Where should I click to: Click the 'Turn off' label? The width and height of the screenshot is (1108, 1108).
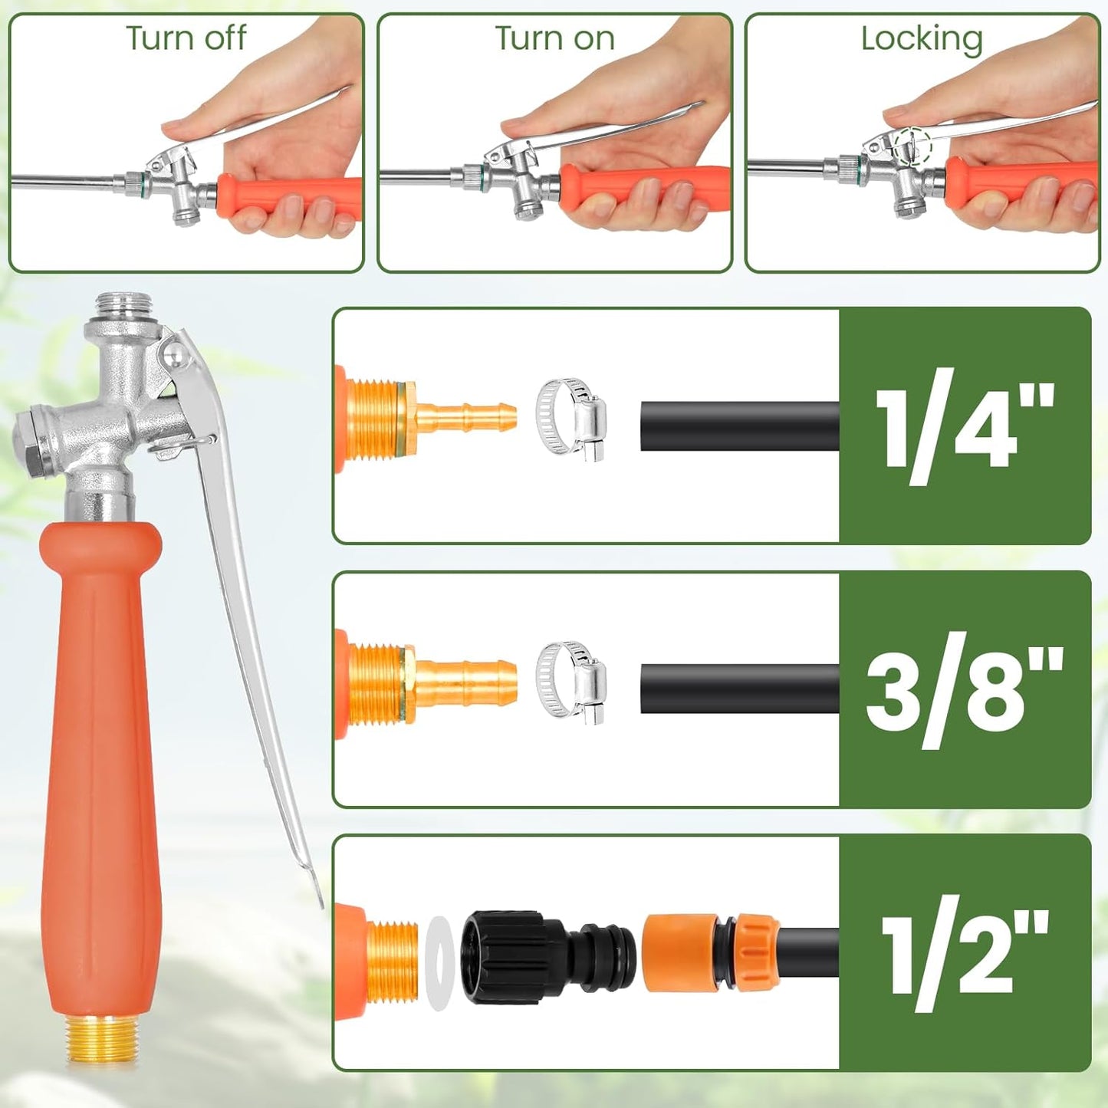[186, 38]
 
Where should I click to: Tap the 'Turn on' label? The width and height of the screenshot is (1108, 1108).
[554, 38]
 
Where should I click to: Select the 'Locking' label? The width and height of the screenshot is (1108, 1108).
[921, 38]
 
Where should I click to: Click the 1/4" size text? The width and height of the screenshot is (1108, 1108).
[964, 426]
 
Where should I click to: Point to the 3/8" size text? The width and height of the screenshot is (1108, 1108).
[964, 689]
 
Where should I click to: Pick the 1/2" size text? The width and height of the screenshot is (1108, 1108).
[964, 953]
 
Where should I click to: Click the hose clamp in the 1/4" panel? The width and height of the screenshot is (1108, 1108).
[571, 419]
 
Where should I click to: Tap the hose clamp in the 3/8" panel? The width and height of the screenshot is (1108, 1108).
[571, 682]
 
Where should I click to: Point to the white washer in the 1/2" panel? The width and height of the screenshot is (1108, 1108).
[437, 962]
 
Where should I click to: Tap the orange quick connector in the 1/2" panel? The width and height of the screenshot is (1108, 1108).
[679, 953]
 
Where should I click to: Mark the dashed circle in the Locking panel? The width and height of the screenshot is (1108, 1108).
[910, 145]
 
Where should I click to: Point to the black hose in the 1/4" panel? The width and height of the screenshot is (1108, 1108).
[739, 426]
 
